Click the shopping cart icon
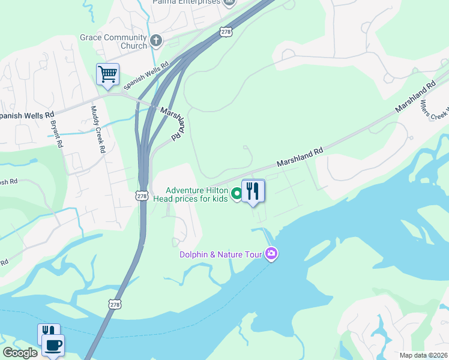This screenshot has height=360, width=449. click(107, 74)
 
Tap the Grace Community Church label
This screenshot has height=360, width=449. click(113, 41)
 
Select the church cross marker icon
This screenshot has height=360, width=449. click(156, 41)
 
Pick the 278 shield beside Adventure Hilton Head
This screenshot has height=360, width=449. click(140, 196)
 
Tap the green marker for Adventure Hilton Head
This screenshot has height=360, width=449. click(237, 193)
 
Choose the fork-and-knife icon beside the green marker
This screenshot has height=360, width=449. click(253, 191)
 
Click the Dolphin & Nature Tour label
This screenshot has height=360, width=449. click(221, 254)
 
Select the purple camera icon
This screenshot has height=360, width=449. click(271, 254)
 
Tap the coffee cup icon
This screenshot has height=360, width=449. click(53, 346)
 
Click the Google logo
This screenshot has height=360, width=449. click(20, 352)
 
